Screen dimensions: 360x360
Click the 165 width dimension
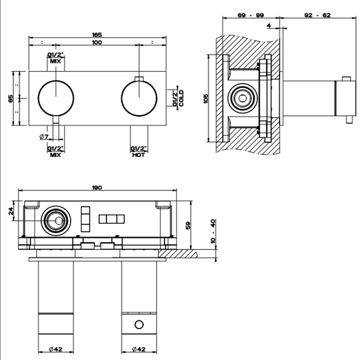click(x=98, y=34)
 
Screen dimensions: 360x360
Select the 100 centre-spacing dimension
click(x=97, y=42)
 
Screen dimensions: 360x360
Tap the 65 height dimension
click(x=11, y=98)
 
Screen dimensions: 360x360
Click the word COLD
click(x=182, y=98)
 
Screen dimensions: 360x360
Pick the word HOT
click(x=138, y=155)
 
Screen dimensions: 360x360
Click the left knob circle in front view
click(x=56, y=98)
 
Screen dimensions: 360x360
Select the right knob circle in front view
click(x=138, y=98)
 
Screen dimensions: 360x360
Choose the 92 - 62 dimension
click(x=318, y=15)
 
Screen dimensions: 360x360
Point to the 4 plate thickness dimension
click(x=269, y=25)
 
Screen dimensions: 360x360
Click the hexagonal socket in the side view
click(x=240, y=97)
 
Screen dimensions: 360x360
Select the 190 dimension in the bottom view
click(x=98, y=188)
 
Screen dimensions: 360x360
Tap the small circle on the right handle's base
click(x=138, y=325)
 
